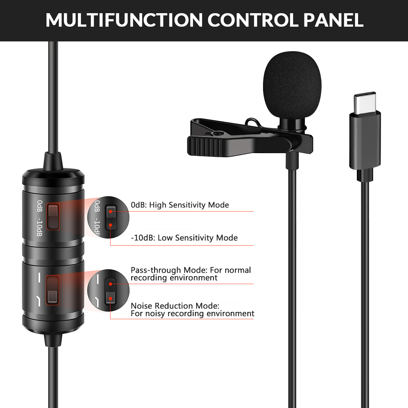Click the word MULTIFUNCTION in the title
point(124,20)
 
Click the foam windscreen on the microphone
point(292,85)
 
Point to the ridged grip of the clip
point(204,146)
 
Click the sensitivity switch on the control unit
point(53,216)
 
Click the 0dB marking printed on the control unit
point(40,206)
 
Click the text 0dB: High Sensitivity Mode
point(180,205)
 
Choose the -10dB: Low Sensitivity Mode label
point(184,238)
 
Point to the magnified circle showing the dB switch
point(108,217)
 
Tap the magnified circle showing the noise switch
point(108,290)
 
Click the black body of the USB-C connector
point(365,141)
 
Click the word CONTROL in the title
point(253,20)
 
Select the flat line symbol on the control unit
point(40,277)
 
